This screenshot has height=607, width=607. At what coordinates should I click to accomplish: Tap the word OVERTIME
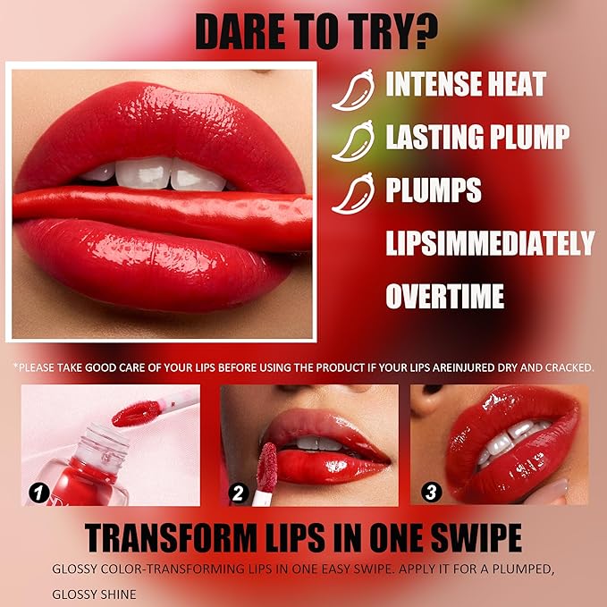[x=445, y=295]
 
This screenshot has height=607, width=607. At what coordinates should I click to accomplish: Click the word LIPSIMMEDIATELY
[x=490, y=242]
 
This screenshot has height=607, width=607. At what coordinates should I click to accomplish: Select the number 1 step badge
[x=38, y=491]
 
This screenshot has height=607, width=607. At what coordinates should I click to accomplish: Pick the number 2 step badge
[x=237, y=491]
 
